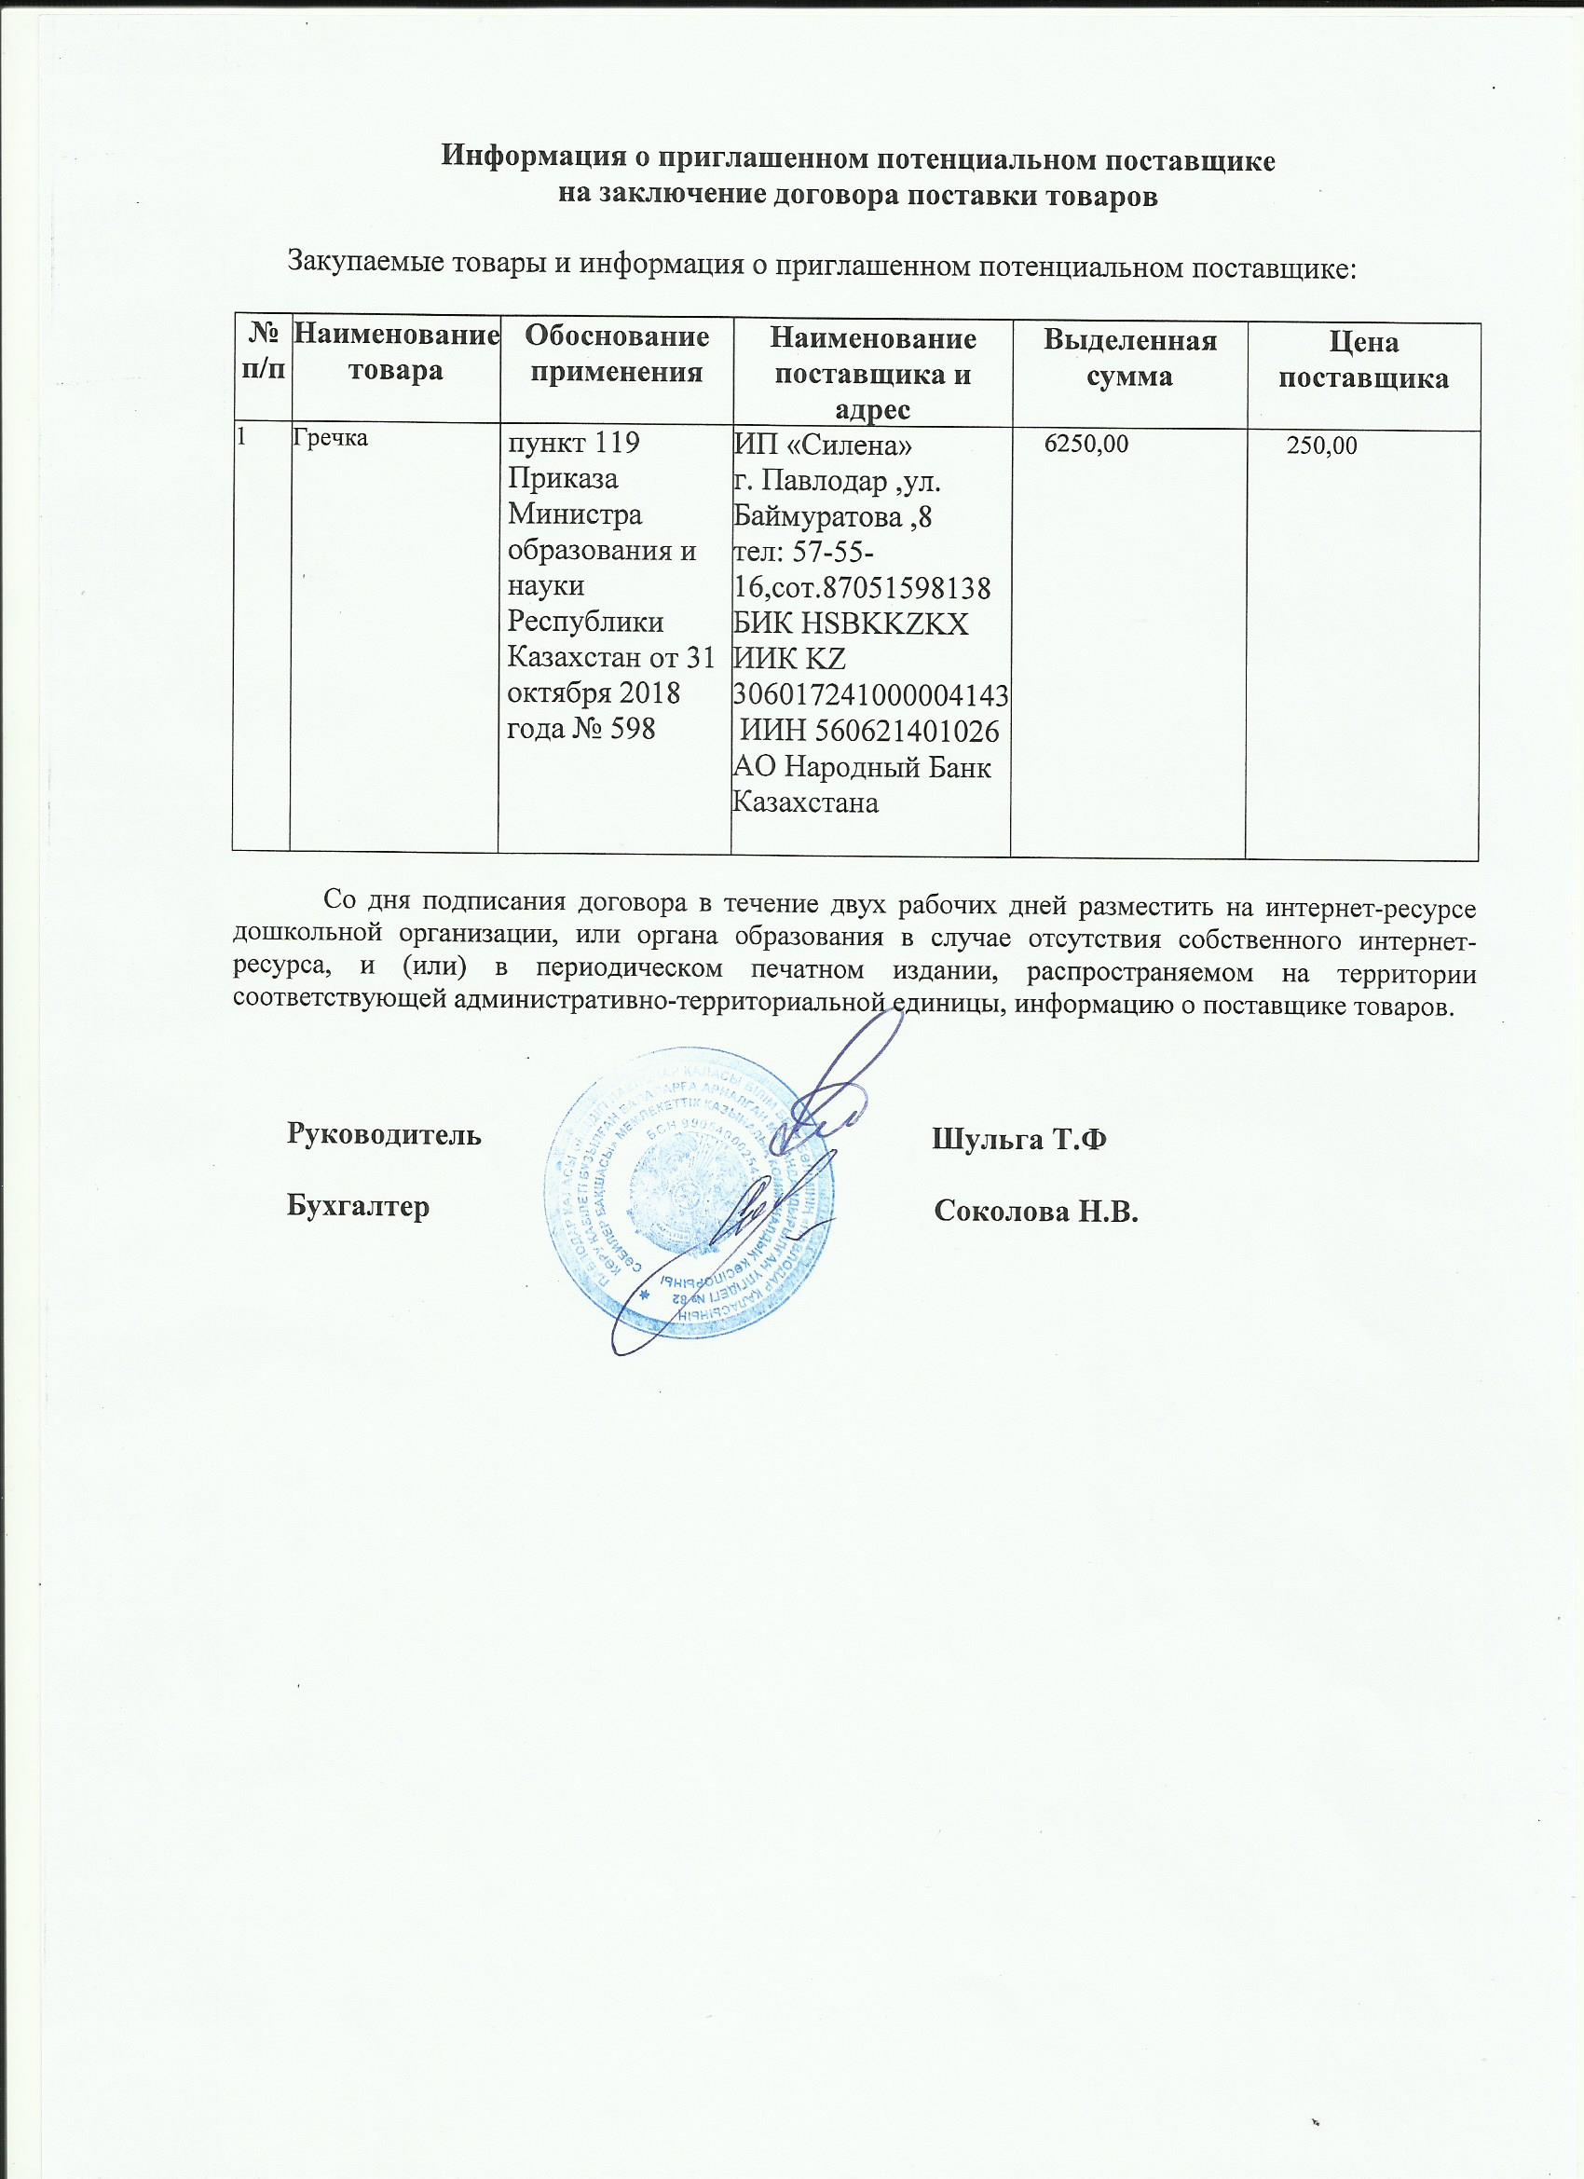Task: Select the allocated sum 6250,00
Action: tap(1086, 444)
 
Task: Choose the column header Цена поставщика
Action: tap(1362, 361)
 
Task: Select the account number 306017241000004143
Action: tap(870, 693)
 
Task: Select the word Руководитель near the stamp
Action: tap(383, 1134)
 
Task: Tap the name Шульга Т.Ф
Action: tap(1019, 1140)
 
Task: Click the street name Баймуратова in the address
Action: tap(821, 519)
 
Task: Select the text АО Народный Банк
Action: tap(862, 769)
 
